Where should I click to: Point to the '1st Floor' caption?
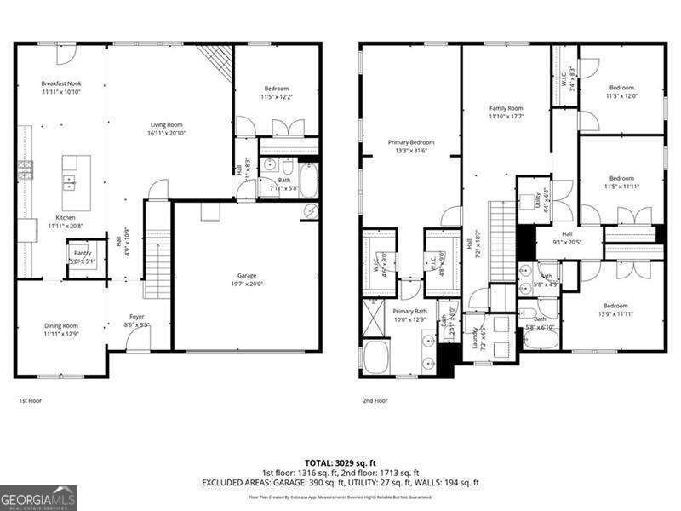pos(30,400)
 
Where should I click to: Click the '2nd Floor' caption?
pos(375,400)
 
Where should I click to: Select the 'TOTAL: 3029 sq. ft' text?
pos(340,462)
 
